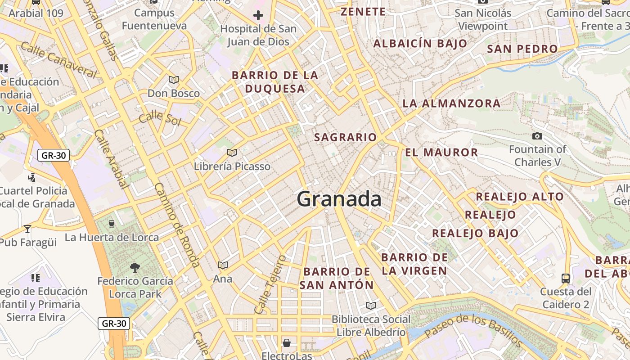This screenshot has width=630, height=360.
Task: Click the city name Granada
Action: coord(339,199)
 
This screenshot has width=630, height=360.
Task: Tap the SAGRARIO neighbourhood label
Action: coord(345,137)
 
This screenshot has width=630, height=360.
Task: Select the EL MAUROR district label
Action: coord(441,152)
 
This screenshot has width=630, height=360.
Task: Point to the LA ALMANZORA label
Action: coord(451,103)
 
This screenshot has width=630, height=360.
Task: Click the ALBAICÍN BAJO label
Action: coord(420,44)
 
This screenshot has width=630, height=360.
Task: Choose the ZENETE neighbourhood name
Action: coord(363,12)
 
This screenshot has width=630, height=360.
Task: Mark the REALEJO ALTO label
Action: coord(520,197)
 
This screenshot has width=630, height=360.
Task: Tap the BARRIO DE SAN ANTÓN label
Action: coord(337,278)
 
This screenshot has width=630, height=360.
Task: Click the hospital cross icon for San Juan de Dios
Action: coord(258,16)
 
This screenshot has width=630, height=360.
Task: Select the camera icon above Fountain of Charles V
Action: coord(537,136)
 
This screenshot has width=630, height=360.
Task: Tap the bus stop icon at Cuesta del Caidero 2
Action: coord(566,278)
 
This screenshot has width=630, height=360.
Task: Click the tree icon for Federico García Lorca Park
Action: coord(135,268)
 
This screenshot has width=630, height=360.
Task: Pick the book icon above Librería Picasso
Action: coord(232,153)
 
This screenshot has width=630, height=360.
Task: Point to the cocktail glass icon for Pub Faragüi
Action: coord(27,229)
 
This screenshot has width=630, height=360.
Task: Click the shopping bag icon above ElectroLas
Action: coord(287,343)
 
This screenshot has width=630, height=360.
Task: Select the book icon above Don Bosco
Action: coord(174,80)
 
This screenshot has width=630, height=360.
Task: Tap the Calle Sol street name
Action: coord(160,118)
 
